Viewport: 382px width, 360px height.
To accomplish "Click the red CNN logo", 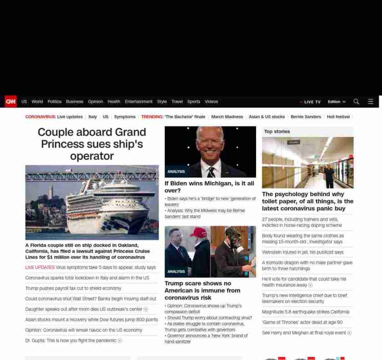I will pos(10,101).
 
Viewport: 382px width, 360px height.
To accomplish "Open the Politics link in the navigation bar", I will pos(55,101).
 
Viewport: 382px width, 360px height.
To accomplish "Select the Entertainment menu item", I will pos(139,101).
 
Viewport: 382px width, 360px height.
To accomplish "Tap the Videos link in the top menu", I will pos(211,101).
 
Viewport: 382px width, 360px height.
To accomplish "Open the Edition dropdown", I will pos(337,101).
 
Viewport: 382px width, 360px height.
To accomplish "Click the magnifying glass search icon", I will pos(356,101).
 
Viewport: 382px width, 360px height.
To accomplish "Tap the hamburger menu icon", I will pos(371,101).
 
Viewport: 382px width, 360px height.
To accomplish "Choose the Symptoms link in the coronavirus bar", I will pos(125,117).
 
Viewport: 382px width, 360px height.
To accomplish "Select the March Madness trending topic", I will pos(227,117).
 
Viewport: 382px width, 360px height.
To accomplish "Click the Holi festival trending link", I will pos(338,117).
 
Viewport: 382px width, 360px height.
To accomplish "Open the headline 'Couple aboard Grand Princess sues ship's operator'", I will pos(92,144).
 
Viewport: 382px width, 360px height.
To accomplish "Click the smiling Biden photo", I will pos(210,152).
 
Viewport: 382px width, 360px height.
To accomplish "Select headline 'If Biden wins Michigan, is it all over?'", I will pos(209,187).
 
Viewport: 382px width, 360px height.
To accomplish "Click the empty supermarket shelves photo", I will pos(307,162).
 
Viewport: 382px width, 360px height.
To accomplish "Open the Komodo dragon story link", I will pos(307,265).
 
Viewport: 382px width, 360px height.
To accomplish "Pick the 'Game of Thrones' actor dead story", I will pos(302,322).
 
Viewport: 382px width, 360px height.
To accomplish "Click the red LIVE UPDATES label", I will pos(40,268).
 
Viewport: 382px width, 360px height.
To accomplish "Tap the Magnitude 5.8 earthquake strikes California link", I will pos(306,312).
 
